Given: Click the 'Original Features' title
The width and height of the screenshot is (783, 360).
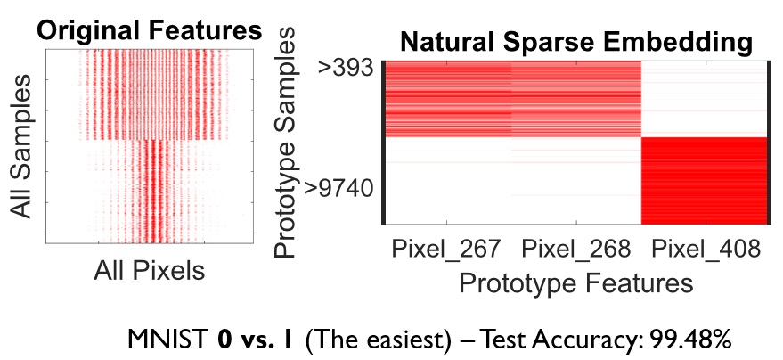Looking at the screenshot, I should [x=149, y=30].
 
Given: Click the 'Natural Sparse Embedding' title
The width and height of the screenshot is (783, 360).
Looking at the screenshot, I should [x=575, y=41].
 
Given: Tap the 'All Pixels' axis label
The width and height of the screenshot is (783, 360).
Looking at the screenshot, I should [x=149, y=270].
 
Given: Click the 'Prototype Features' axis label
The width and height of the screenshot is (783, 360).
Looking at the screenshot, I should [x=575, y=283].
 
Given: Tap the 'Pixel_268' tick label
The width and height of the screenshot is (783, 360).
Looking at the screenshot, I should [x=575, y=250].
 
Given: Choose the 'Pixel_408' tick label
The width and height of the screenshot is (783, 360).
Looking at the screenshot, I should [x=706, y=250].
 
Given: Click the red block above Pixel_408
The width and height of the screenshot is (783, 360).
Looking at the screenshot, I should [x=704, y=180].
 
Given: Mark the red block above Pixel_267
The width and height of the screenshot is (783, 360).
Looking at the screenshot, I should [x=448, y=98].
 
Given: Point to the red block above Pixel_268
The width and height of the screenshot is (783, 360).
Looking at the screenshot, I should [x=576, y=98].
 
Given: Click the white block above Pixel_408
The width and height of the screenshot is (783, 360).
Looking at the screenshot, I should [x=704, y=98].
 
